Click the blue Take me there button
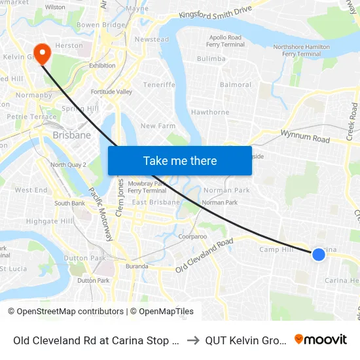[180, 160]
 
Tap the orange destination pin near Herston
[43, 53]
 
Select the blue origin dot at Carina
[318, 255]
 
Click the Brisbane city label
[71, 135]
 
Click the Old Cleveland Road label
[204, 255]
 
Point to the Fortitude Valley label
[111, 92]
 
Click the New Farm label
[158, 126]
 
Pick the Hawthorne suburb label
[210, 112]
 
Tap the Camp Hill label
[276, 249]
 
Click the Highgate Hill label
[50, 221]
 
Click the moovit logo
[320, 339]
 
